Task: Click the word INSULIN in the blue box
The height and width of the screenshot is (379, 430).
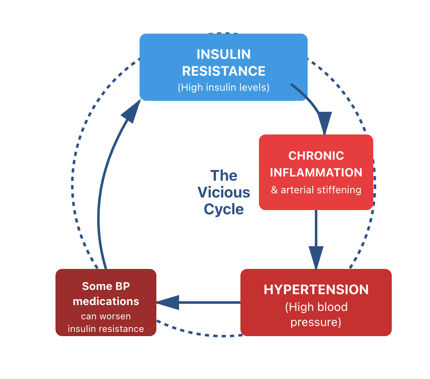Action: [224, 54]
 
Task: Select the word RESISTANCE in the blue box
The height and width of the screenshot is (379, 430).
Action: [224, 71]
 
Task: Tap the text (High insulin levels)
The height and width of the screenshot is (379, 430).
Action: [224, 87]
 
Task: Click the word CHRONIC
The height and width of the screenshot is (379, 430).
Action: [316, 155]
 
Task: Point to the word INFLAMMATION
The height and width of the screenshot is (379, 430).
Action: [316, 172]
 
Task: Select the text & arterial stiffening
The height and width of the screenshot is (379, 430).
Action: [316, 190]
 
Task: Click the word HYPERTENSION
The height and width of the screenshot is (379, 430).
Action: [316, 290]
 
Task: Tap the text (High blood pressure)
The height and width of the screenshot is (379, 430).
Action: [316, 315]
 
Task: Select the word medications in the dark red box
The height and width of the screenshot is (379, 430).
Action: [106, 301]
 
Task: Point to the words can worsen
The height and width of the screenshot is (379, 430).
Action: [106, 316]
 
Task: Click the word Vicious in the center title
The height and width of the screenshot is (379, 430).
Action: [224, 192]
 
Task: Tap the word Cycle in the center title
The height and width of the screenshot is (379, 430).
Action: [224, 209]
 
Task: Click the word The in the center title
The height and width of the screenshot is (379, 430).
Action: [224, 176]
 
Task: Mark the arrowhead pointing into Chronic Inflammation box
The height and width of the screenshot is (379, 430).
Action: [324, 123]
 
